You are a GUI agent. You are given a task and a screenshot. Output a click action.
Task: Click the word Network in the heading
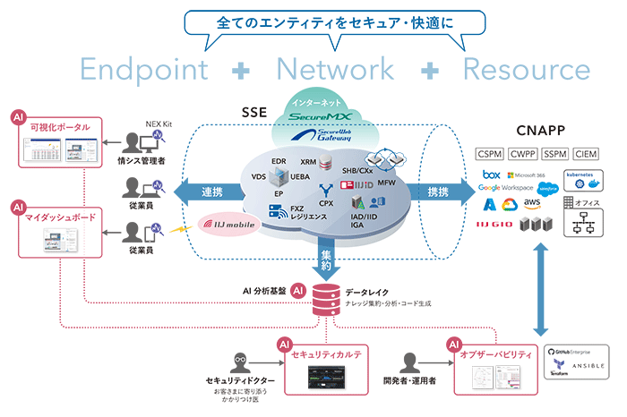pos(335,69)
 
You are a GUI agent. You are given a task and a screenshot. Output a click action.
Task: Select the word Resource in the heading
pos(527,69)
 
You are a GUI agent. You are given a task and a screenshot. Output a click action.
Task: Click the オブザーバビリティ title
pos(494,355)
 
